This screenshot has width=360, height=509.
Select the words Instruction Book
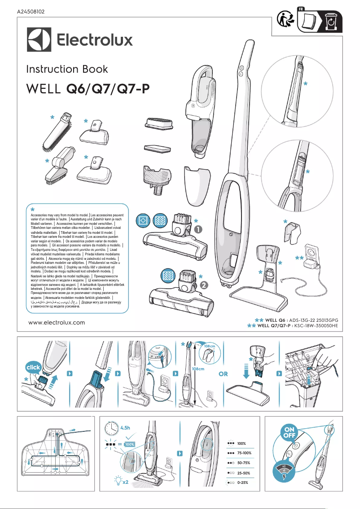click(67, 69)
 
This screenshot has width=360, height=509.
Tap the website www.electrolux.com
click(57, 322)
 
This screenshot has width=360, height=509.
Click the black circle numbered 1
click(198, 229)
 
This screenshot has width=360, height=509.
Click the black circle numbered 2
click(204, 285)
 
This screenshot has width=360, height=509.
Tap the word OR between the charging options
click(223, 374)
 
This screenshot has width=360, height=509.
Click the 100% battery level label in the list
click(241, 443)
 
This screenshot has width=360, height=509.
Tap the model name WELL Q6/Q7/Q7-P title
click(88, 90)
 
